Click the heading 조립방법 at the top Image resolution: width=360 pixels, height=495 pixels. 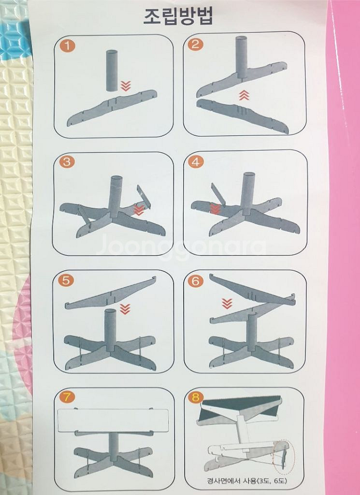click(x=179, y=16)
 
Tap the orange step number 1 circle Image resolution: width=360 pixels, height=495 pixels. click(x=68, y=46)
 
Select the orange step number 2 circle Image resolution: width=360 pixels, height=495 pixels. click(x=196, y=44)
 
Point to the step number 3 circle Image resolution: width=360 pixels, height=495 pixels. click(x=67, y=161)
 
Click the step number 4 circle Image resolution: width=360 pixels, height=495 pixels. click(x=196, y=162)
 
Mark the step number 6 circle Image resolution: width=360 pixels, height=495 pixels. click(x=196, y=281)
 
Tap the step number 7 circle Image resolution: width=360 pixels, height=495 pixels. click(x=67, y=397)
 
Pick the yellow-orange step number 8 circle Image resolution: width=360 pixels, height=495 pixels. click(x=196, y=397)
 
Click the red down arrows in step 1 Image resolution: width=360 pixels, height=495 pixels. click(x=126, y=86)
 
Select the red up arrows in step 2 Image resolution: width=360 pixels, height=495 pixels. click(x=244, y=95)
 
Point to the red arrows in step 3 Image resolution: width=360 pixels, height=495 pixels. click(x=139, y=210)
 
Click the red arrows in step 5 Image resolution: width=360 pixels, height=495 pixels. click(x=125, y=309)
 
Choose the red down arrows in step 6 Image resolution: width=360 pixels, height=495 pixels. click(x=227, y=304)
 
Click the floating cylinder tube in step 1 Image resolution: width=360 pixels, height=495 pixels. click(x=112, y=71)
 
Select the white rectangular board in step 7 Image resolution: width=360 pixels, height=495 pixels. click(x=113, y=420)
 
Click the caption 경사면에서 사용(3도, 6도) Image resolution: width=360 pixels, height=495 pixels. click(x=247, y=481)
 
